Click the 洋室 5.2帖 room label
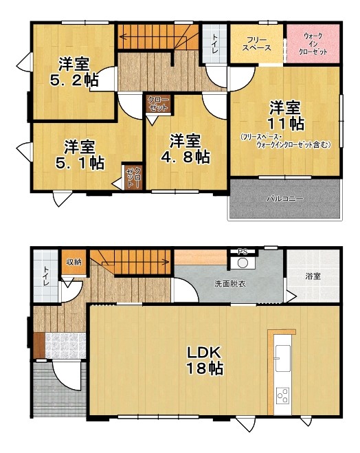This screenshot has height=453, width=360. [x=74, y=72]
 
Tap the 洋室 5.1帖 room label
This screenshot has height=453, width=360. [x=80, y=155]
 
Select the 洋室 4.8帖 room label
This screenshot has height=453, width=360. [x=185, y=148]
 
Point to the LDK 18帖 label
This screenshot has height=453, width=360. [x=205, y=360]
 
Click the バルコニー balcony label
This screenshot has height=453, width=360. [x=284, y=199]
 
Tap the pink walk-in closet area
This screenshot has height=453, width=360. [x=313, y=43]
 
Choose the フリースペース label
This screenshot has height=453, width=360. [x=256, y=44]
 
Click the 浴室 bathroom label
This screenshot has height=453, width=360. [x=313, y=276]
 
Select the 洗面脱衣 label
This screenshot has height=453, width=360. [x=230, y=283]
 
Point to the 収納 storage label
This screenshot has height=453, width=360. [x=74, y=262]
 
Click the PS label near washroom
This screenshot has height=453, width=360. [x=243, y=252]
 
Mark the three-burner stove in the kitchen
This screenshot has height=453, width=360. [x=282, y=395]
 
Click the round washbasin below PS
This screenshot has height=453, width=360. [x=243, y=263]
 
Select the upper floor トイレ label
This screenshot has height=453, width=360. [x=215, y=43]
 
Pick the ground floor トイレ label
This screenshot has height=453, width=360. [x=46, y=276]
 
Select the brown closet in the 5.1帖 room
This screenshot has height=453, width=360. [x=133, y=177]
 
